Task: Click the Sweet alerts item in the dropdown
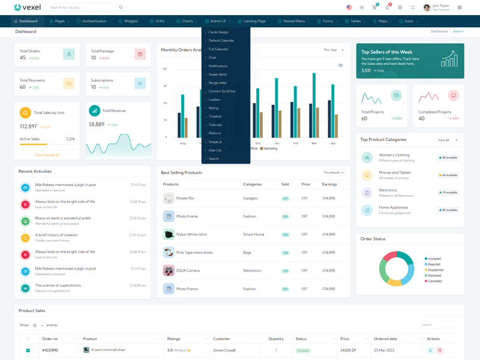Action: [217, 74]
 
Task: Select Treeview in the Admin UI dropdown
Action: [215, 125]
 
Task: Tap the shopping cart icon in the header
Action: [374, 8]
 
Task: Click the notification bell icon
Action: [387, 8]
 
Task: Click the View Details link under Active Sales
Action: [46, 155]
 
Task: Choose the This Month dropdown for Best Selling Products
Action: [334, 173]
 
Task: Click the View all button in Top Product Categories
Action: [446, 140]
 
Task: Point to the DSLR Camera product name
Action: [188, 271]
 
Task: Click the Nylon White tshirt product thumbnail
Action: [169, 235]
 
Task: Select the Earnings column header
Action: [329, 184]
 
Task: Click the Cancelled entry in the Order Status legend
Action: [434, 281]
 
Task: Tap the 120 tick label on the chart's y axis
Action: [164, 69]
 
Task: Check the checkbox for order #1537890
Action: [28, 350]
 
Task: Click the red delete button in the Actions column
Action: [439, 350]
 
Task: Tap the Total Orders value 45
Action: [23, 58]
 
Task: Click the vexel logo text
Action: [32, 8]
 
